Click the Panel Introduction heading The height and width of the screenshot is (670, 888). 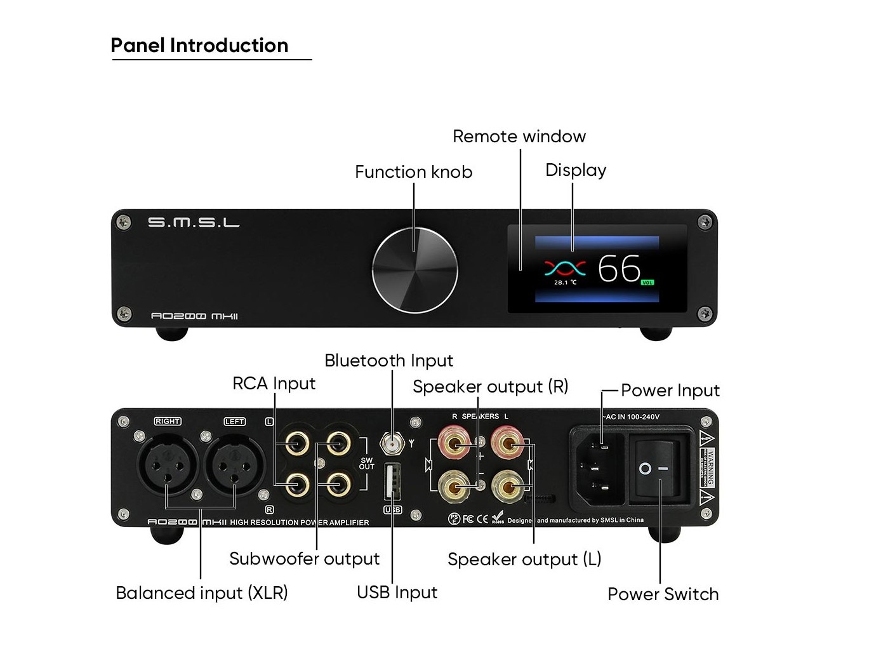[199, 46]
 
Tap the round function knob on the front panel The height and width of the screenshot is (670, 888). [414, 271]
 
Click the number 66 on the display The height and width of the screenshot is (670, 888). [620, 269]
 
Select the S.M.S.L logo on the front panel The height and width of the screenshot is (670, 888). [194, 222]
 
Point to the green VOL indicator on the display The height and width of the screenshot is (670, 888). [647, 283]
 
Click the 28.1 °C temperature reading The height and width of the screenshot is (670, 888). [565, 283]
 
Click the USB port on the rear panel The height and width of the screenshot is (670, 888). [392, 482]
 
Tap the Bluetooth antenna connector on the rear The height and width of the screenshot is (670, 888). [392, 443]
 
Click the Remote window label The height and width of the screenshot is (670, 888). [519, 137]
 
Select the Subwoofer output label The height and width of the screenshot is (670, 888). [304, 559]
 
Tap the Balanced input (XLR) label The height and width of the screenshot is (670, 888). [202, 593]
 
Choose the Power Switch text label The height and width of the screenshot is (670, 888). [663, 594]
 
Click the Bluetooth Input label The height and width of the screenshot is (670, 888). [388, 361]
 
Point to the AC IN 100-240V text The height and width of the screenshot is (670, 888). [631, 417]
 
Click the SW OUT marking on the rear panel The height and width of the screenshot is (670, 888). [367, 464]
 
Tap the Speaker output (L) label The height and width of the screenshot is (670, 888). [524, 559]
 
